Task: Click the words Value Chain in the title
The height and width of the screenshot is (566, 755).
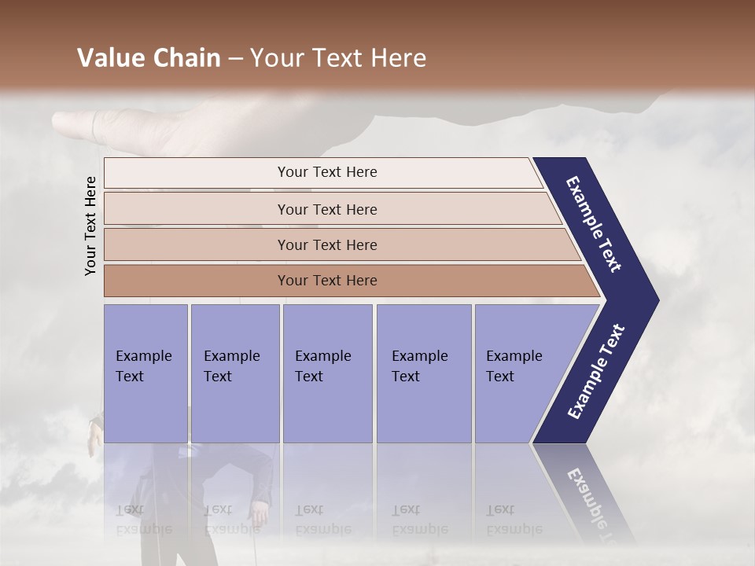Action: (x=149, y=58)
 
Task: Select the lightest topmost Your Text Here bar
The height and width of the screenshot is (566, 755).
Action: (x=327, y=172)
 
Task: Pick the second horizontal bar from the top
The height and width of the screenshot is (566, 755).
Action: (x=327, y=209)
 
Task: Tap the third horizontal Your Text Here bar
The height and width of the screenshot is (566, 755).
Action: (x=327, y=244)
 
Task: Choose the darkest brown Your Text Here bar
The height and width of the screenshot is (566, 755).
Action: (x=327, y=281)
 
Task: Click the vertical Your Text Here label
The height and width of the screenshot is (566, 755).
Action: (x=90, y=226)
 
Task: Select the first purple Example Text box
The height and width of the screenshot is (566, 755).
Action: (x=145, y=373)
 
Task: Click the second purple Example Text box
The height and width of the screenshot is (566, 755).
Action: (x=234, y=373)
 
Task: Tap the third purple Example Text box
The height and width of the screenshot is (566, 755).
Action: (x=327, y=373)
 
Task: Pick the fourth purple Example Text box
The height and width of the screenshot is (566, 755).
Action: (x=423, y=373)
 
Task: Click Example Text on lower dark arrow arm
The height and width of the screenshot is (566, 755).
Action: (x=595, y=372)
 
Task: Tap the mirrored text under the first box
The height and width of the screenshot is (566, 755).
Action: (x=144, y=520)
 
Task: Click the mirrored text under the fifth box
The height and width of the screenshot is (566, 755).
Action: (x=514, y=520)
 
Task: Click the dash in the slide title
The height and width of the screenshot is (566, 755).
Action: (x=234, y=59)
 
